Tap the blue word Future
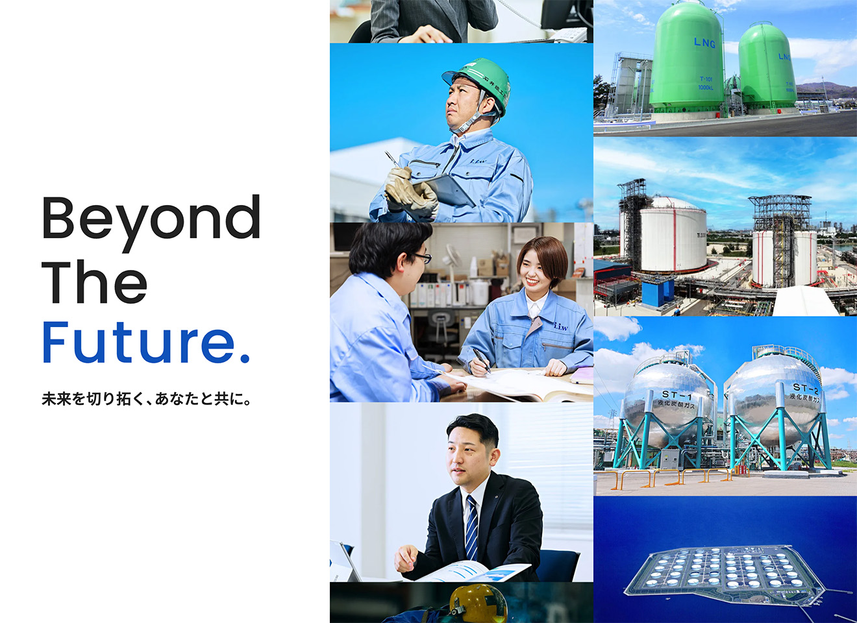click(145, 342)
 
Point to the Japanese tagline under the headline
click(147, 399)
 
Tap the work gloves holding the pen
click(410, 191)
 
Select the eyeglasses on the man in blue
click(421, 258)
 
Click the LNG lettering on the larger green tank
click(704, 43)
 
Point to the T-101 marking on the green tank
click(705, 79)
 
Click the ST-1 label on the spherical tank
click(677, 395)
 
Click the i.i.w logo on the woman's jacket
click(560, 326)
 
